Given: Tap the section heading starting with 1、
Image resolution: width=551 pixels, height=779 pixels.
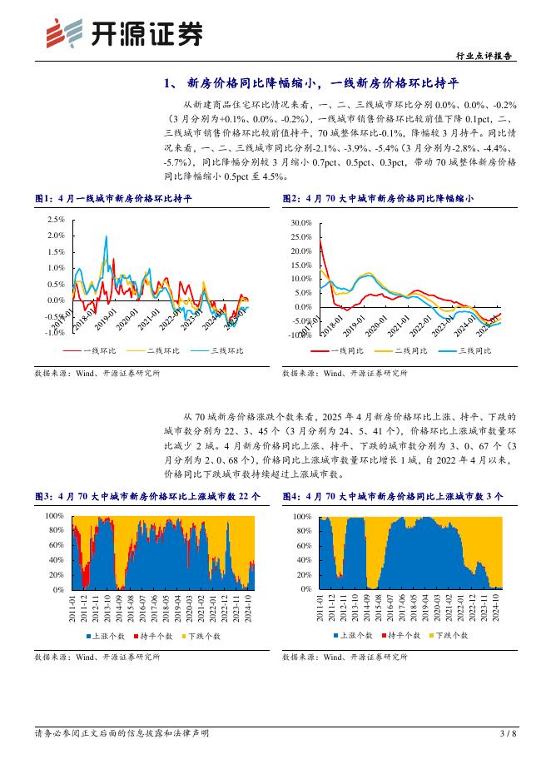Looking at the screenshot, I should (x=312, y=83).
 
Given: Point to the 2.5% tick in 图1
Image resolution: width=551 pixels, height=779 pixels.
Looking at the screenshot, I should (x=54, y=220).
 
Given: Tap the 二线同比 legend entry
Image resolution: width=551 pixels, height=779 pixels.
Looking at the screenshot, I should (x=410, y=351).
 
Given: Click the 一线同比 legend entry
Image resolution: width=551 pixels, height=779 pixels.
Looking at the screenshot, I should (x=347, y=351).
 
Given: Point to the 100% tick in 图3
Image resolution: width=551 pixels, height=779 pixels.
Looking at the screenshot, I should (x=54, y=516).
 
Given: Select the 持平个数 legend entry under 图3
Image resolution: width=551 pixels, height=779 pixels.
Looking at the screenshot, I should (x=156, y=636).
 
